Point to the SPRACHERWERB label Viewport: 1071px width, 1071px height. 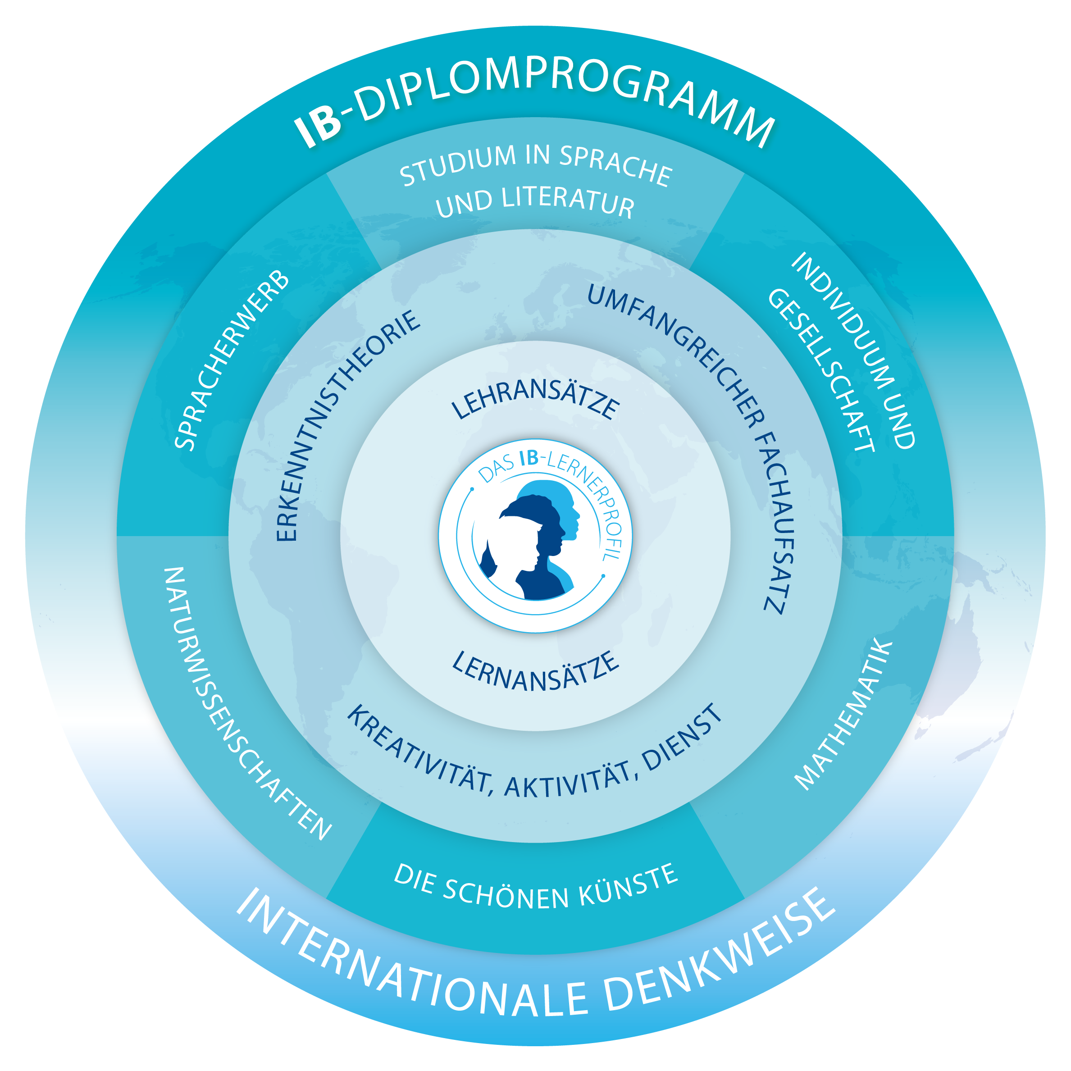point(232,360)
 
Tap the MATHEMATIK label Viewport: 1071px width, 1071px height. point(843,715)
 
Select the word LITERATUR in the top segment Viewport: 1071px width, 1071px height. point(568,203)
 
